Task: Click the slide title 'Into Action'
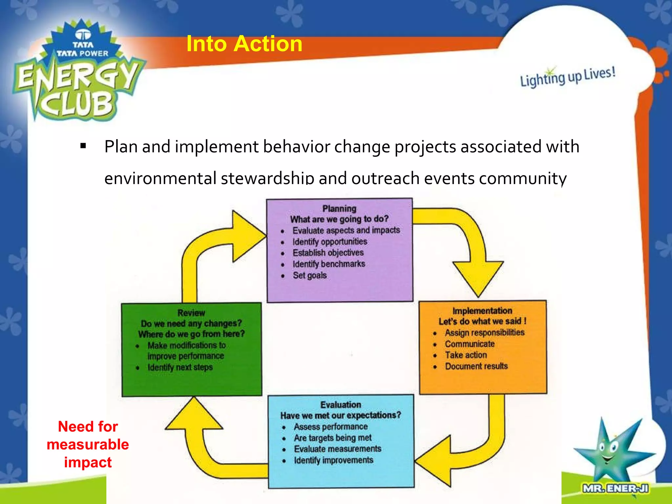click(244, 44)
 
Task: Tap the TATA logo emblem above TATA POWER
click(83, 35)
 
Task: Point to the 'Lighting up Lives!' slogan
click(567, 77)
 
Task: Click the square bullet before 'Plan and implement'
click(83, 146)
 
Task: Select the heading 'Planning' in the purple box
click(339, 209)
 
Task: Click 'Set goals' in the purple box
click(309, 275)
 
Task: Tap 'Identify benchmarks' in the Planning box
click(328, 264)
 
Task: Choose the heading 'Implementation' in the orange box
click(482, 311)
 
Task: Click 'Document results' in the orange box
click(476, 366)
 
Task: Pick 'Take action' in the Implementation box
click(466, 355)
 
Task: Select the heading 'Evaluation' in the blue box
click(341, 405)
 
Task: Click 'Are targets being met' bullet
click(332, 438)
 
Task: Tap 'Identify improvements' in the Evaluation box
click(333, 460)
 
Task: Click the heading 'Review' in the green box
click(191, 313)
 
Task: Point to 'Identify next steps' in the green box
click(180, 367)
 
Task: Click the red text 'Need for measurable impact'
click(88, 444)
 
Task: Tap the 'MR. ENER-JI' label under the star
click(615, 489)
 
